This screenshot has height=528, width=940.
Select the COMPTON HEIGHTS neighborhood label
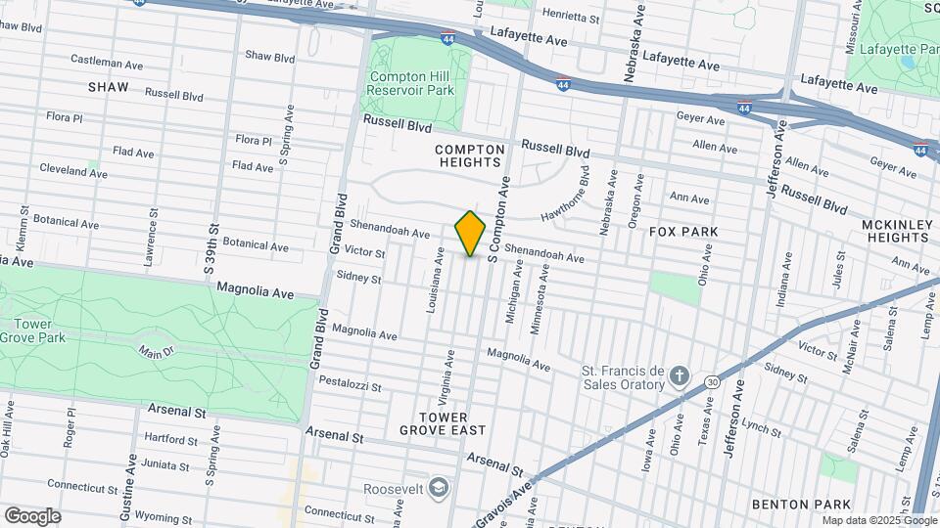(x=470, y=156)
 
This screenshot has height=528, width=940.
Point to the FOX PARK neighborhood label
(x=683, y=232)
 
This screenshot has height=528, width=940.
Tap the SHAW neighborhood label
(x=108, y=87)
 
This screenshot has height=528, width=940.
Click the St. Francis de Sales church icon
(x=681, y=377)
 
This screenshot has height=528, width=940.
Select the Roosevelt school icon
(x=440, y=486)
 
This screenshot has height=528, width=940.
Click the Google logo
(x=32, y=515)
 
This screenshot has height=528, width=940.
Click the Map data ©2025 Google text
(x=878, y=520)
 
